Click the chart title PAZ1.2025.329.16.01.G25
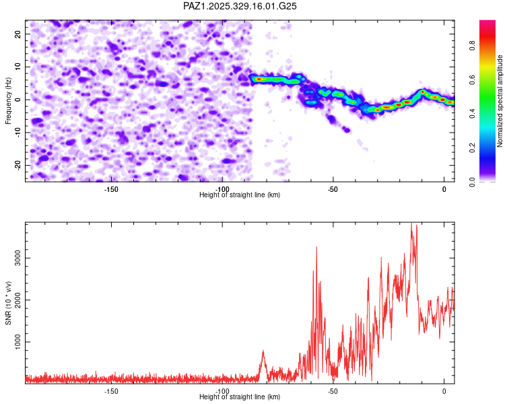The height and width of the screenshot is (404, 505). pos(240,6)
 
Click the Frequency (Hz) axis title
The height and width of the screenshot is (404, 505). pos(8,100)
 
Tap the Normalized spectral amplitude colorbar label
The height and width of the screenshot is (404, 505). pos(500,101)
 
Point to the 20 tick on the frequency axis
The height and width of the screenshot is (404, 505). pos(18,34)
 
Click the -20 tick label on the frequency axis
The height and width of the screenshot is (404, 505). pos(17,165)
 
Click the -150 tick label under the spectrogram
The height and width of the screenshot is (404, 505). pos(112,189)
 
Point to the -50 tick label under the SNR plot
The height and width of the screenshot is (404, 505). pos(333,391)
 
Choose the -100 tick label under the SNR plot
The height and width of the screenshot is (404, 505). pos(222,391)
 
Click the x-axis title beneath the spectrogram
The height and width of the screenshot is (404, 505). pos(240,195)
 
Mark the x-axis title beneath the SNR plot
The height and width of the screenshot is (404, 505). pos(240,397)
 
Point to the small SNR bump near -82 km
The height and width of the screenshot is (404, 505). pos(263,351)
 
